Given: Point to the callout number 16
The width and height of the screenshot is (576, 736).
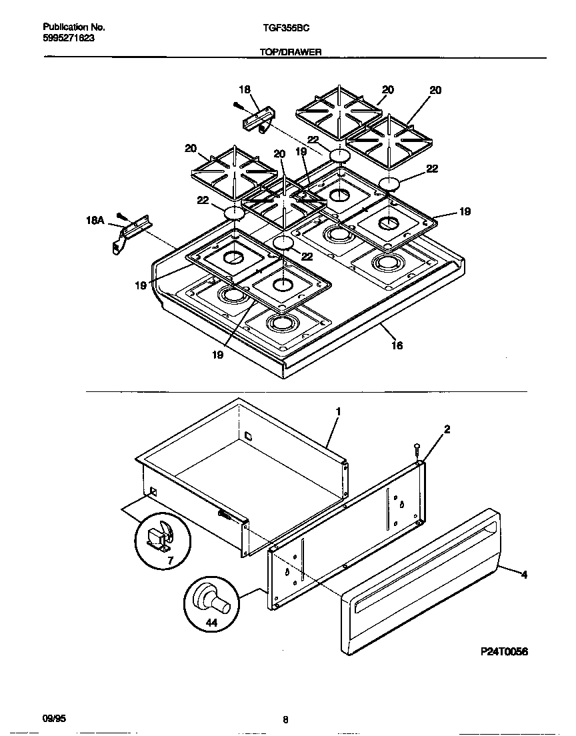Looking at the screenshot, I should coord(397,345).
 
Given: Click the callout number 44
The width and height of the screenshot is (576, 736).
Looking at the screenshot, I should coord(211,623).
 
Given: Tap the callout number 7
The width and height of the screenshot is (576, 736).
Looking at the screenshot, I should coord(169,561).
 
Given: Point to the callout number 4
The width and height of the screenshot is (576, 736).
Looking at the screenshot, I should coord(524,574).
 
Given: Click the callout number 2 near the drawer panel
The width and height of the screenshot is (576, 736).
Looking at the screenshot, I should coord(447,429).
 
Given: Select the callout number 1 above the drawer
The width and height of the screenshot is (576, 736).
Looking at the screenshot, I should coord(338,412).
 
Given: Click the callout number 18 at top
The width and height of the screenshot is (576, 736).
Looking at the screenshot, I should coord(245,89).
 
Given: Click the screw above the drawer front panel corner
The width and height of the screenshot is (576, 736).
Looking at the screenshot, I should coord(417,451).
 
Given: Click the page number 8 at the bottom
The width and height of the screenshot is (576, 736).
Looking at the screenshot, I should coord(285,719).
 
